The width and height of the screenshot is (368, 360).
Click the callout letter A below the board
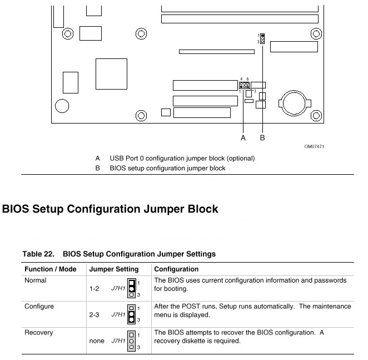pyautogui.click(x=243, y=137)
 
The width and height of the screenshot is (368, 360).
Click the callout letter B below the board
pyautogui.click(x=262, y=137)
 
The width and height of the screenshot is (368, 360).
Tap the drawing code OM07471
pyautogui.click(x=314, y=147)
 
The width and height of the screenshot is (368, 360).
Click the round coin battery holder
pyautogui.click(x=295, y=103)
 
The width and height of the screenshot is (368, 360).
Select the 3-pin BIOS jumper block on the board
pyautogui.click(x=262, y=39)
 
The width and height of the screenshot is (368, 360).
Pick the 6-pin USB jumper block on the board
pyautogui.click(x=245, y=85)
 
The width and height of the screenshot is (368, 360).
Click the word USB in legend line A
pyautogui.click(x=116, y=159)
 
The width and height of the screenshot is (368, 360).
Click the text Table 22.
pyautogui.click(x=38, y=254)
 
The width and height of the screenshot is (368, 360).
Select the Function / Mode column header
pyautogui.click(x=51, y=269)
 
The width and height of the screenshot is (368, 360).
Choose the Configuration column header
pyautogui.click(x=176, y=269)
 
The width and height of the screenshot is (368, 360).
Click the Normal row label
pyautogui.click(x=36, y=280)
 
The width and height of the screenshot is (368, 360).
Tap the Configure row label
pyautogui.click(x=39, y=307)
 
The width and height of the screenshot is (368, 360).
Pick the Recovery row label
pyautogui.click(x=39, y=333)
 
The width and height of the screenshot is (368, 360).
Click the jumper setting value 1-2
pyautogui.click(x=94, y=289)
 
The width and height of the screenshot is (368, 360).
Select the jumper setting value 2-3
pyautogui.click(x=94, y=314)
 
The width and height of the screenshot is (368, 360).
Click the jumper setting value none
pyautogui.click(x=97, y=341)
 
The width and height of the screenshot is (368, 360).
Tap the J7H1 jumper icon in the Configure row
pyautogui.click(x=131, y=314)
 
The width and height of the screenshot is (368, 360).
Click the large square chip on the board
pyautogui.click(x=112, y=74)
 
